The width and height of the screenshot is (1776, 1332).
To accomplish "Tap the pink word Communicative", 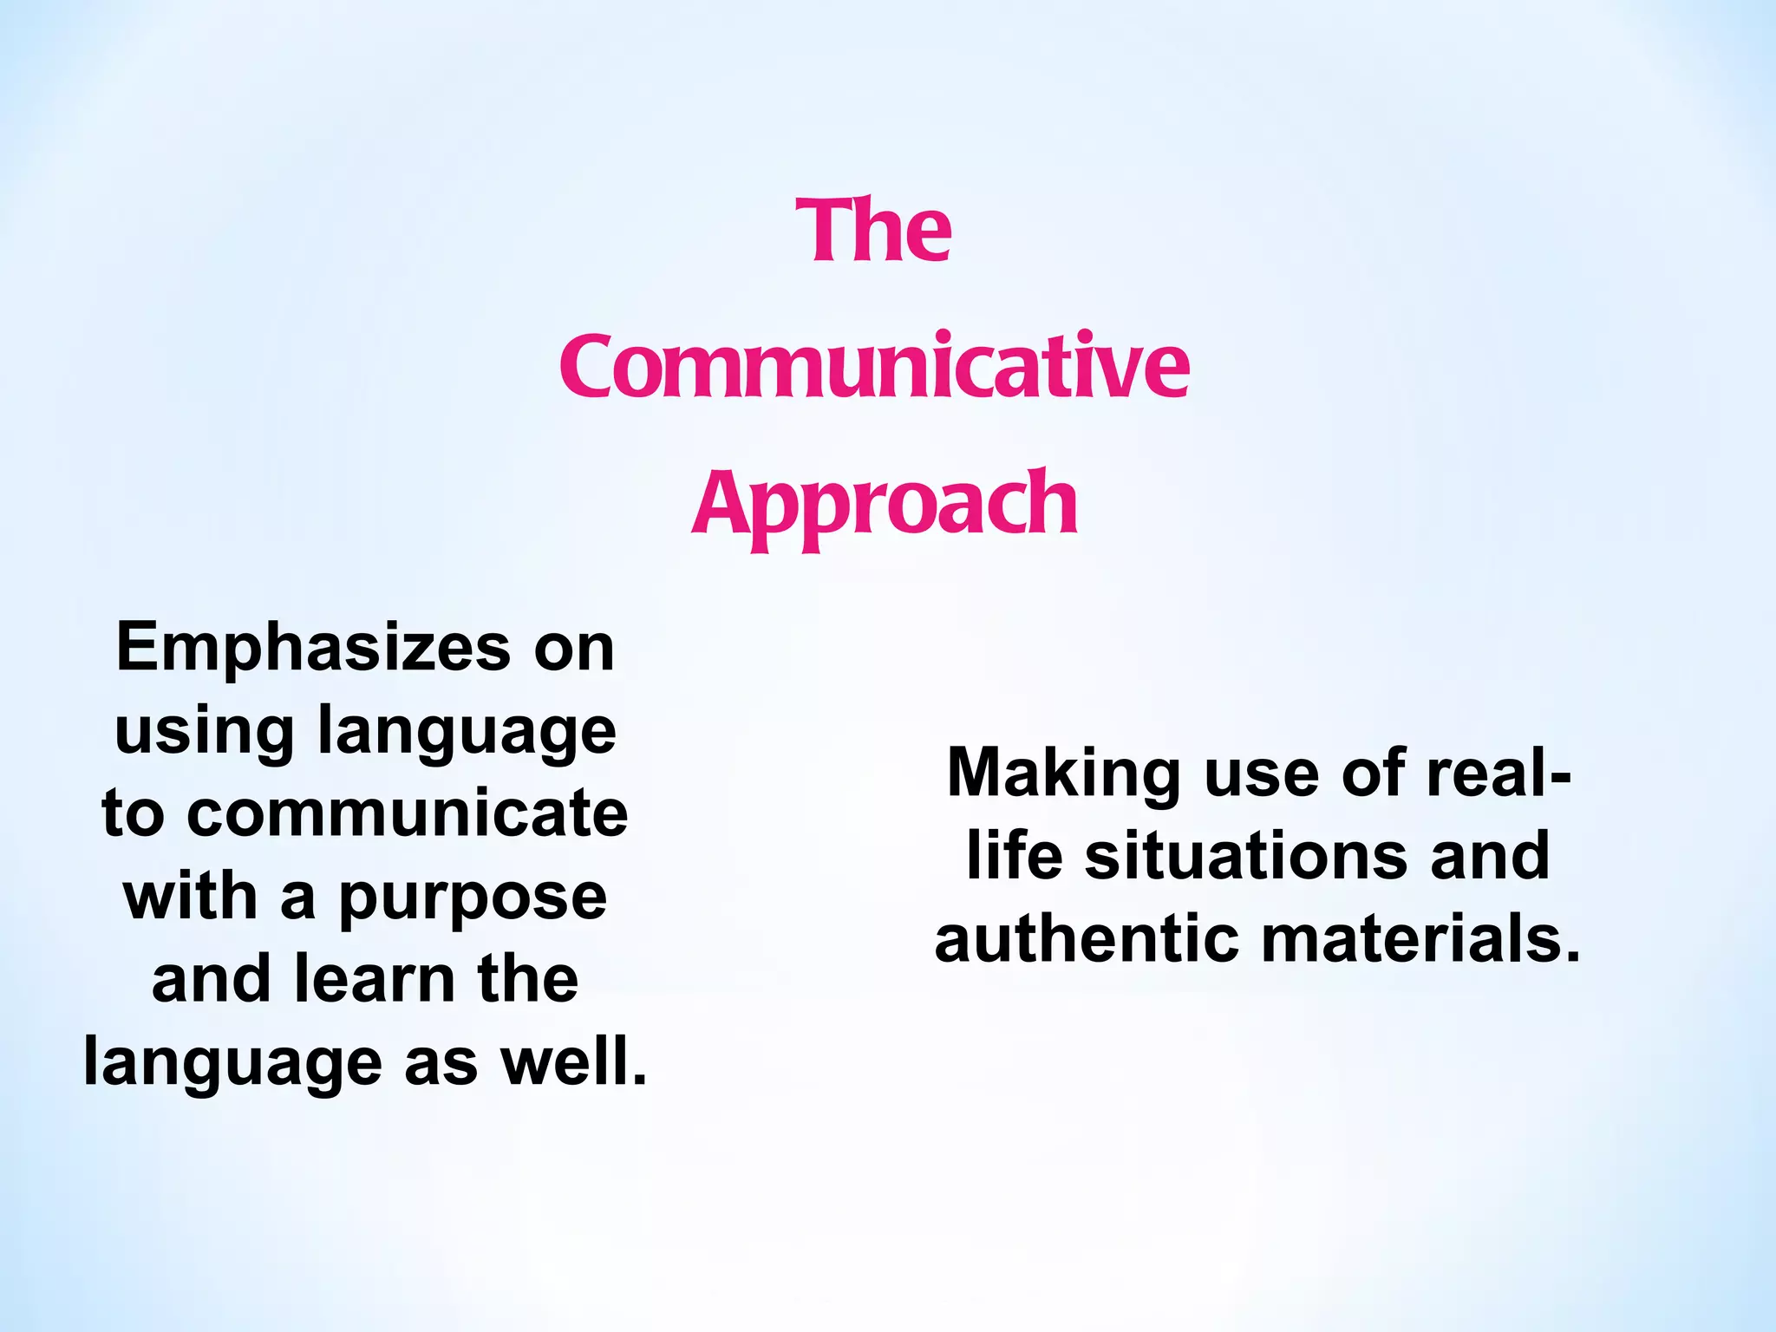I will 874,368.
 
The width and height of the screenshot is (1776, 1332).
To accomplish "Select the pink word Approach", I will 885,504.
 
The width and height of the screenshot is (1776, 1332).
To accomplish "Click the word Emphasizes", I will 313,647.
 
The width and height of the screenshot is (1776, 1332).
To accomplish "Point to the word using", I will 205,730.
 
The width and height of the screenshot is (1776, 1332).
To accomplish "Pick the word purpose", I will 473,898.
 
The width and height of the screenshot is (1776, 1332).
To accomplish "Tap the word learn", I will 375,979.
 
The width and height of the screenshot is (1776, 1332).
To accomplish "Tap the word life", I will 1014,855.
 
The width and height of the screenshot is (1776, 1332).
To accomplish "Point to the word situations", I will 1245,855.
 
